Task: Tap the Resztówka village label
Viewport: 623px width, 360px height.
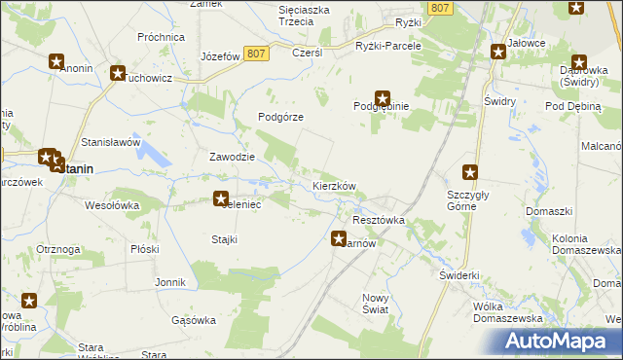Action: pyautogui.click(x=378, y=221)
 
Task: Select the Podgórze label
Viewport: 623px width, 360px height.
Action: pyautogui.click(x=281, y=117)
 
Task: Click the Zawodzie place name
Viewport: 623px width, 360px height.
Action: pyautogui.click(x=233, y=157)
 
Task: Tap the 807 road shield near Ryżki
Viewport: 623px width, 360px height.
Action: pyautogui.click(x=441, y=8)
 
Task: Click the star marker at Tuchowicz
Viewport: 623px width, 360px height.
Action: pyautogui.click(x=119, y=73)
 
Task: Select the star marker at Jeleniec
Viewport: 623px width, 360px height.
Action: pyautogui.click(x=221, y=198)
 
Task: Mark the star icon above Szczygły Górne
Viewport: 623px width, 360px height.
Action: pyautogui.click(x=471, y=173)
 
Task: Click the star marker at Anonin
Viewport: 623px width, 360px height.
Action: pyautogui.click(x=56, y=60)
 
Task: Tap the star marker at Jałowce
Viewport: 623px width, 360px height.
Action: pyautogui.click(x=499, y=48)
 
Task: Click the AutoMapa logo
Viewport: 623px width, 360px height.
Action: pyautogui.click(x=558, y=341)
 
